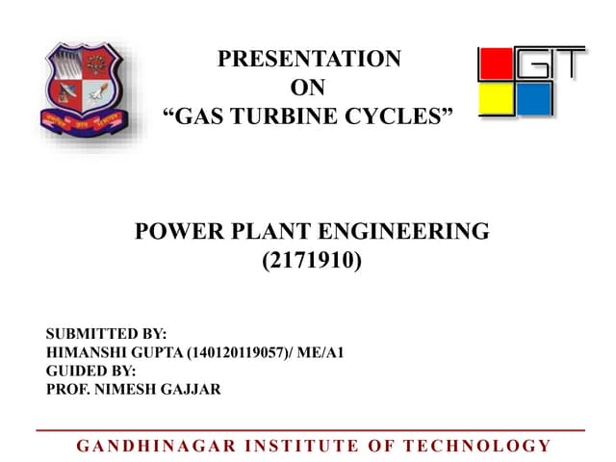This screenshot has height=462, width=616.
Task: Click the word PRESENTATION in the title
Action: tap(309, 59)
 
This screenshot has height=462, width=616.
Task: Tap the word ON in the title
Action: tap(308, 89)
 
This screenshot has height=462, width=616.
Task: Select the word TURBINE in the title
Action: tap(294, 118)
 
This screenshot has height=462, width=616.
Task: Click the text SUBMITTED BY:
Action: tap(107, 334)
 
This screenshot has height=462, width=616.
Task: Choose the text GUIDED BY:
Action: tap(91, 371)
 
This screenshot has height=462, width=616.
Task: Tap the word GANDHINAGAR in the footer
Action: tap(150, 445)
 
